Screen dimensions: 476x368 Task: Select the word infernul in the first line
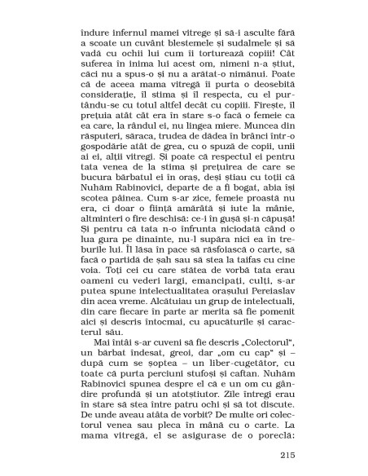(x=126, y=38)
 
